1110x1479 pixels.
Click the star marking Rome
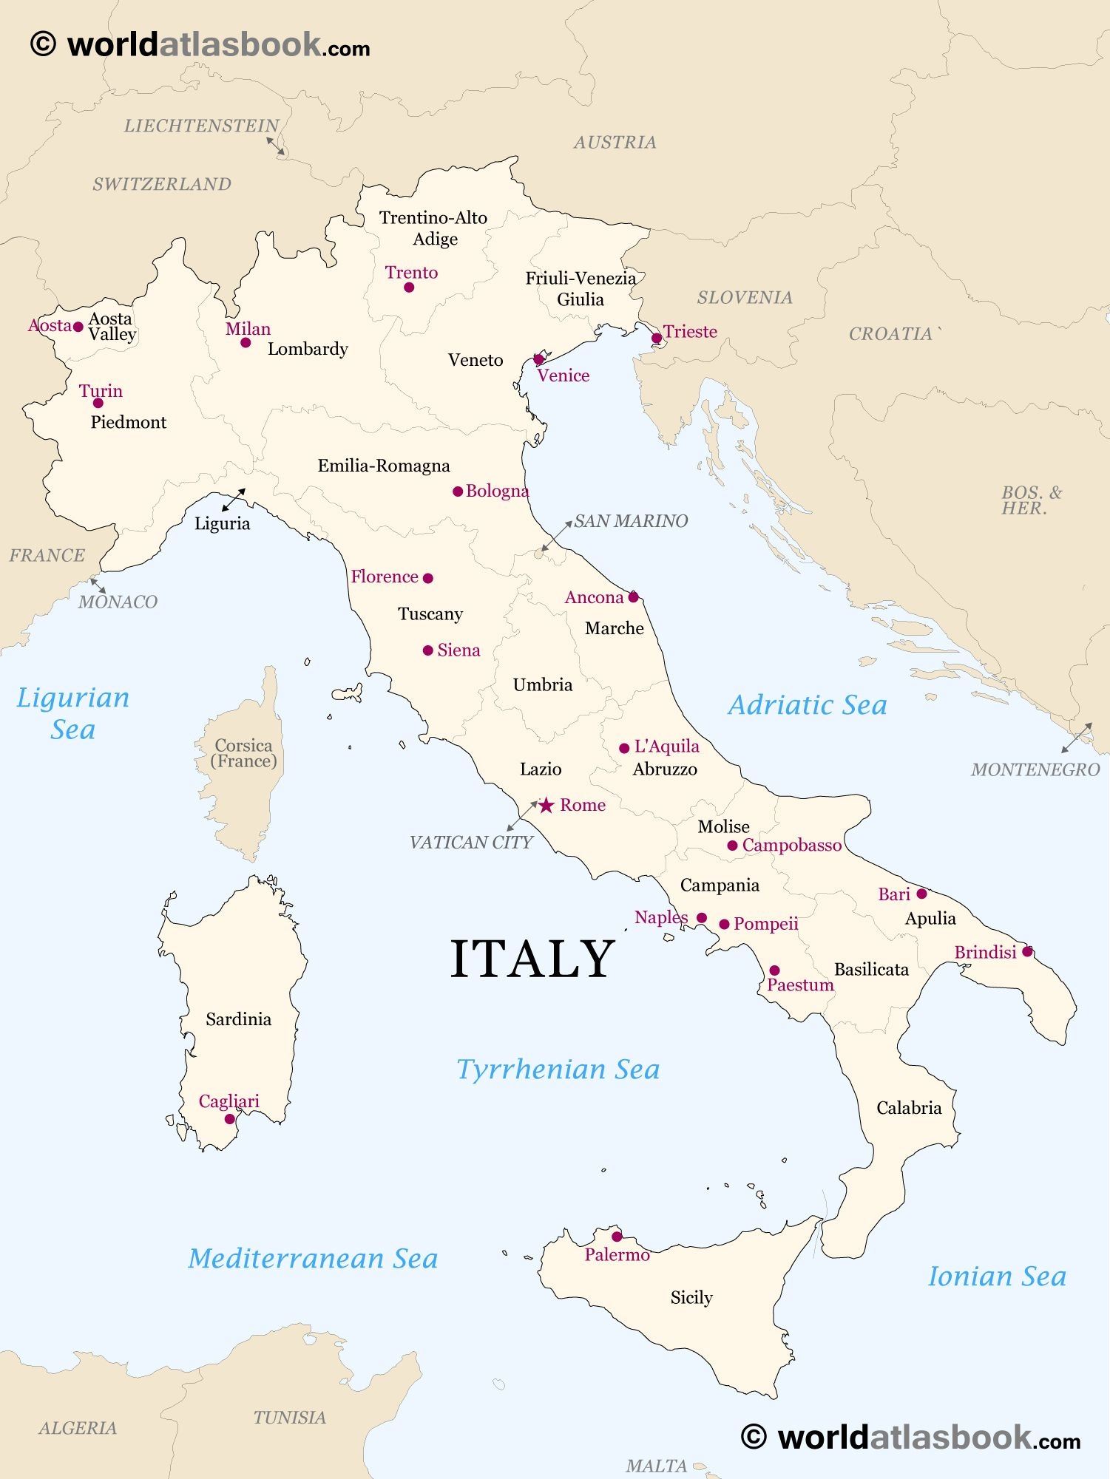point(546,805)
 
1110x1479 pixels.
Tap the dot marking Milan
point(246,342)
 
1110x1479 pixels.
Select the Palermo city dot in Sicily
point(617,1237)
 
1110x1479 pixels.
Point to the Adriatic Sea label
point(808,704)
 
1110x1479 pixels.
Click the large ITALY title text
point(532,959)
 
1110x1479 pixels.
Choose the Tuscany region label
point(430,613)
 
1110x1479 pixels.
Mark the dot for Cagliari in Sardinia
point(230,1119)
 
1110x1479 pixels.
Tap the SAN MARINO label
point(631,521)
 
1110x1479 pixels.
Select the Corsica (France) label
point(243,753)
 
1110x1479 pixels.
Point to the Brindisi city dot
point(1027,952)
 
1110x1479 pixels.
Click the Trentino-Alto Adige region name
point(433,228)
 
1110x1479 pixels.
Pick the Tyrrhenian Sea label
point(558,1069)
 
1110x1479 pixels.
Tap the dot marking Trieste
point(657,339)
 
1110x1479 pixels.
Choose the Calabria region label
point(909,1107)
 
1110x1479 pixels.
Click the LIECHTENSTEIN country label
point(201,126)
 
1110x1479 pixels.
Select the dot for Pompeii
point(725,924)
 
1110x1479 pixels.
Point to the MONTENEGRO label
point(1035,769)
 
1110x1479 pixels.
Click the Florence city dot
point(427,578)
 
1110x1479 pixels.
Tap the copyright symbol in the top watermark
point(43,44)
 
